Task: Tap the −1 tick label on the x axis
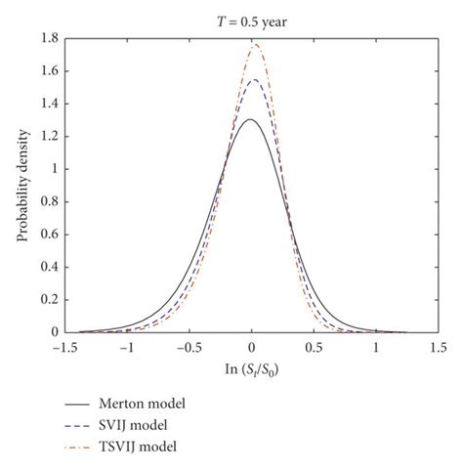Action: coord(125,346)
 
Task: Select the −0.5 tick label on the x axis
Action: coord(188,346)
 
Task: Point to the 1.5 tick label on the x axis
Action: coord(438,346)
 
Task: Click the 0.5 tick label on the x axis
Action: coord(314,346)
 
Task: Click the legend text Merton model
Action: coord(143,402)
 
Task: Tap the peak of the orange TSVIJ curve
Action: coord(255,44)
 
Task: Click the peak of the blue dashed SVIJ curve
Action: coord(254,80)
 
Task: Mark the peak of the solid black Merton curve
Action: coord(250,119)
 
